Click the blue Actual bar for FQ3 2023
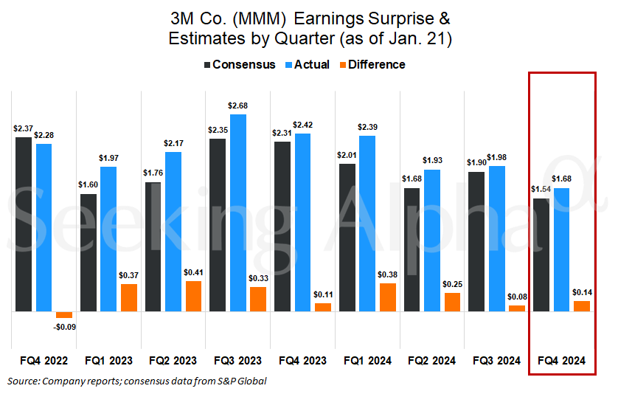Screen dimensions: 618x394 (238, 213)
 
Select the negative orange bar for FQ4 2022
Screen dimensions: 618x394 (64, 315)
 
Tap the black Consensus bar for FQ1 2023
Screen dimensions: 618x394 (88, 253)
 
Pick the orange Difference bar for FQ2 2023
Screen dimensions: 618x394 (193, 296)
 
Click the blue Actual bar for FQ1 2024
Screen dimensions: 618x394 (367, 224)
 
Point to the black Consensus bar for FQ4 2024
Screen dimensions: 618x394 (541, 255)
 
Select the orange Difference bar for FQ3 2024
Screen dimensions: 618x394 (517, 308)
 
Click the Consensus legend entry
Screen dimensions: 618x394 (240, 65)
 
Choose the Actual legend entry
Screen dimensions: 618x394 (308, 65)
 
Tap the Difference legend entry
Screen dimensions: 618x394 (372, 65)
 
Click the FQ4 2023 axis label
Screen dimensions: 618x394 (302, 361)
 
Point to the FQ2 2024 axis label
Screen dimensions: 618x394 (432, 361)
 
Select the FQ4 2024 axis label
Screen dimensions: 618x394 (562, 361)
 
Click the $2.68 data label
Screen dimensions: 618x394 (237, 106)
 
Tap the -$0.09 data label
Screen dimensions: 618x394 (65, 327)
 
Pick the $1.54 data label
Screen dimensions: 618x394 (541, 190)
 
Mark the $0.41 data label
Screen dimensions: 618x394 (193, 272)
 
